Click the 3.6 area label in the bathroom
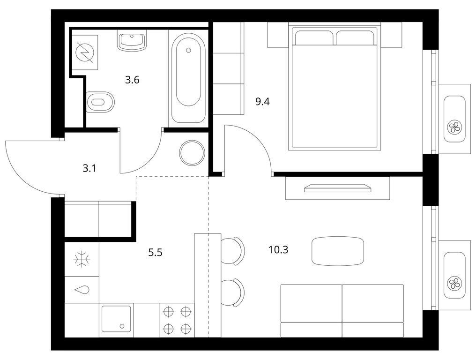132,80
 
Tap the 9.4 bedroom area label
263,101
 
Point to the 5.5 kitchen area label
156,253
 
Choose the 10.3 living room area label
278,249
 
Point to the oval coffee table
337,251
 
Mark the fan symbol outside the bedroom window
454,126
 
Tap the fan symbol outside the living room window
454,283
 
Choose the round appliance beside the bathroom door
192,152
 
